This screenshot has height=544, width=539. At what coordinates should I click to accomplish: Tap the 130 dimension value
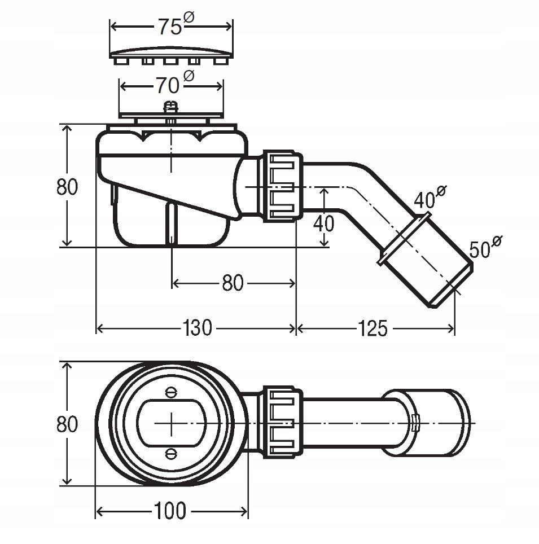197,328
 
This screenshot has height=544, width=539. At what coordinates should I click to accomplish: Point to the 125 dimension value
372,328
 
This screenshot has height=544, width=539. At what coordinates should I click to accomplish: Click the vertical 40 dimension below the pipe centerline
323,223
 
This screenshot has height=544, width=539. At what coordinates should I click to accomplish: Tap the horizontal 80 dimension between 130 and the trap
232,283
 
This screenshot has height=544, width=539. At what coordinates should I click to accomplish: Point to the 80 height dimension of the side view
67,186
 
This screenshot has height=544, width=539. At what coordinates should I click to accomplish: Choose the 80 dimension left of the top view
67,423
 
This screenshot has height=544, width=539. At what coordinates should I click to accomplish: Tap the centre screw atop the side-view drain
170,107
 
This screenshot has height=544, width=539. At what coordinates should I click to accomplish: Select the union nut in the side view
281,185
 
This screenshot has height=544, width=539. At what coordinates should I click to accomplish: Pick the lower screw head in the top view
170,453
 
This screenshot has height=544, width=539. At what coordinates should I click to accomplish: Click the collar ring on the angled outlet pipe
405,239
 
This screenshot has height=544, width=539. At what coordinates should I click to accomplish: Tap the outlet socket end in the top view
440,423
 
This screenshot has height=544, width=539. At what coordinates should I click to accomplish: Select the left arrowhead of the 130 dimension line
99,328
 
